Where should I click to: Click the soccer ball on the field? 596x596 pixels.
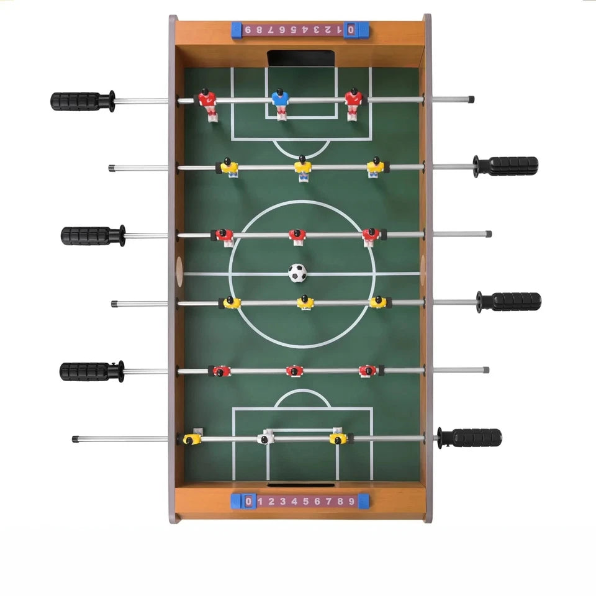click(297, 273)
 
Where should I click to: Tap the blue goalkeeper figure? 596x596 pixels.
click(280, 104)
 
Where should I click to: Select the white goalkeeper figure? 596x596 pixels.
click(266, 437)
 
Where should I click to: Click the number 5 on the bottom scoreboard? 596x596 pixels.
click(305, 502)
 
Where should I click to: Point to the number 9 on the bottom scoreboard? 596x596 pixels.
click(351, 502)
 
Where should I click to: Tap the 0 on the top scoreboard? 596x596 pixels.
click(351, 29)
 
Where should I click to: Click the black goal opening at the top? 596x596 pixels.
click(301, 58)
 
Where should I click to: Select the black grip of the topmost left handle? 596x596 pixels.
click(76, 101)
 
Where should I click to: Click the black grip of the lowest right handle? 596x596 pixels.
click(477, 438)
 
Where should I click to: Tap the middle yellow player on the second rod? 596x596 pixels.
click(302, 168)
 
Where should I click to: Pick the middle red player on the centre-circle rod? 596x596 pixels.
click(297, 237)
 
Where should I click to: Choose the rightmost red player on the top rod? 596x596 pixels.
click(353, 104)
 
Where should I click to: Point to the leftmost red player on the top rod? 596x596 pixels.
click(209, 104)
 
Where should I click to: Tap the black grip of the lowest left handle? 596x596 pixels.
click(85, 371)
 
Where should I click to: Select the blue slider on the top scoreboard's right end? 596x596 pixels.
click(356, 30)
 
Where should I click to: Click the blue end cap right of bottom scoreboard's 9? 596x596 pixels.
click(363, 502)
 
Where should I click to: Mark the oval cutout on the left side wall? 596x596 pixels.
click(179, 271)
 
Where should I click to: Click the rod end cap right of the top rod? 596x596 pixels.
click(471, 99)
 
